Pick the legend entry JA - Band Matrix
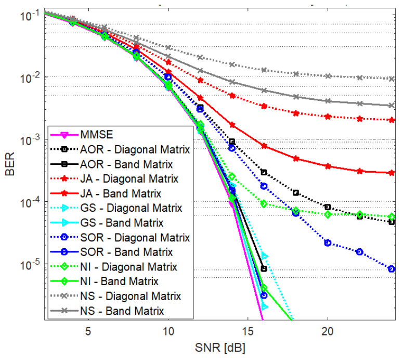click(x=121, y=194)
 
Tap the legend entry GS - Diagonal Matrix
click(x=131, y=208)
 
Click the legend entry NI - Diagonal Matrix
click(x=128, y=267)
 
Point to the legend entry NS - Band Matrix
click(x=122, y=311)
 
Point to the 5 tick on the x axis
click(x=88, y=331)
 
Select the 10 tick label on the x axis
click(x=168, y=331)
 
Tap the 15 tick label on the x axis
click(x=248, y=331)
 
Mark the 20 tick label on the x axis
click(x=328, y=331)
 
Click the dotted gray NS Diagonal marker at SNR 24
click(x=392, y=79)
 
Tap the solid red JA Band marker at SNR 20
click(x=328, y=166)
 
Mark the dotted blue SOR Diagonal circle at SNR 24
click(x=392, y=269)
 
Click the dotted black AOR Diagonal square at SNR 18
click(x=296, y=193)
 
